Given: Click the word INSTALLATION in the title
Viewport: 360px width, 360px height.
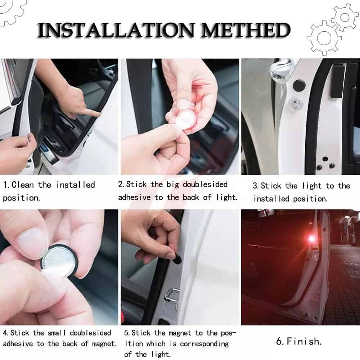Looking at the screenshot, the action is tap(116, 30).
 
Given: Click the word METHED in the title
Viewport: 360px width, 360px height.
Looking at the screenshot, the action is tap(246, 30).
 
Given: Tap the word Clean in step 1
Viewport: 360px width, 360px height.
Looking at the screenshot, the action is tap(22, 185).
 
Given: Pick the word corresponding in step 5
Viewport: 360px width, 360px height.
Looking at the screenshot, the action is tap(204, 344).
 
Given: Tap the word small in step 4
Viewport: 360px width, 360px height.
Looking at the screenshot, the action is tap(57, 333).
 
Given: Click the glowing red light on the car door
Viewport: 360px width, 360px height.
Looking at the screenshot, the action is tap(312, 239).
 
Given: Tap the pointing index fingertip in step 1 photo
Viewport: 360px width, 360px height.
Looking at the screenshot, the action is tap(97, 113).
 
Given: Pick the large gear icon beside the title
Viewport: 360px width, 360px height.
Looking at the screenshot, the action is tap(324, 38).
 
